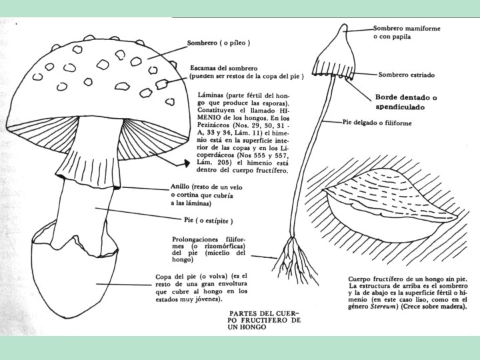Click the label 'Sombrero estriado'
pyautogui.click(x=407, y=75)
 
